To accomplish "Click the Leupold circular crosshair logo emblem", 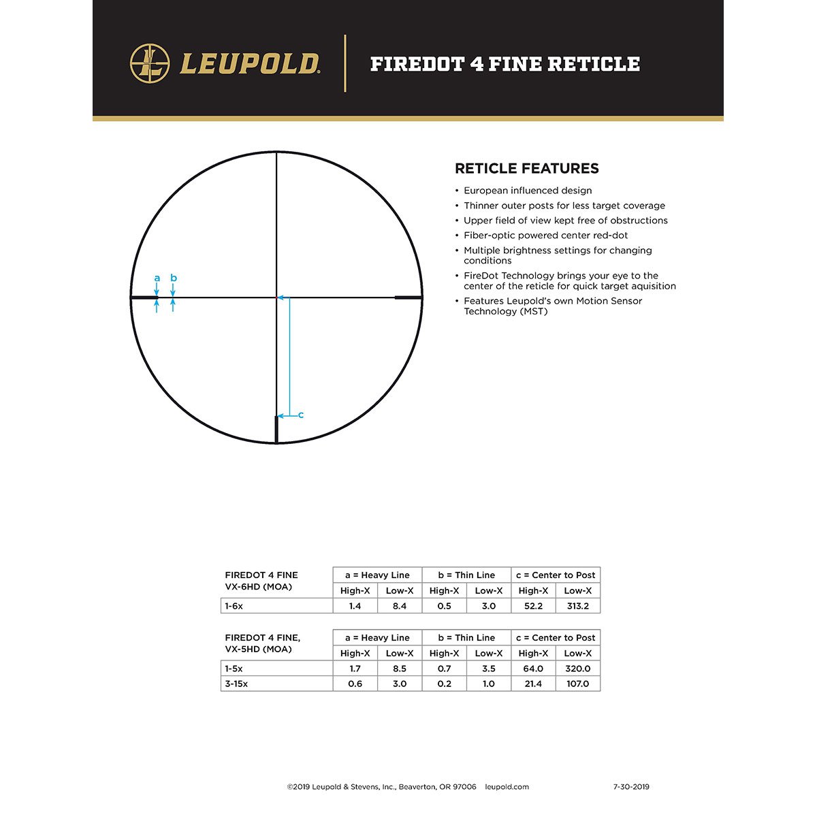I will point(150,63).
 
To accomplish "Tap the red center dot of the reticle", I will point(276,298).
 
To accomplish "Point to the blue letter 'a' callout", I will point(157,278).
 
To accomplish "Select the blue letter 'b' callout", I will point(174,278).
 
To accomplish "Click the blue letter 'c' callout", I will point(301,415).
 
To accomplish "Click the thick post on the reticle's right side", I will point(408,298).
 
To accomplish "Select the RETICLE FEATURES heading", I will point(526,168).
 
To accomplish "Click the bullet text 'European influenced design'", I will point(528,191).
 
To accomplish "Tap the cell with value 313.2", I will point(577,606).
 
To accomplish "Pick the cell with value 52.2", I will point(533,606).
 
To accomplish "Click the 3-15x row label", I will point(236,684).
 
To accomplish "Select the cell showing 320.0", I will point(577,669).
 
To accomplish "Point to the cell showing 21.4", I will point(533,684).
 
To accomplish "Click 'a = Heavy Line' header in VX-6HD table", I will point(377,575).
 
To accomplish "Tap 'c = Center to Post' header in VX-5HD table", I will point(556,638).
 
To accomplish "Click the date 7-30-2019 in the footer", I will point(631,787).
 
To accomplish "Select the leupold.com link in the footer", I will point(507,787).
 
